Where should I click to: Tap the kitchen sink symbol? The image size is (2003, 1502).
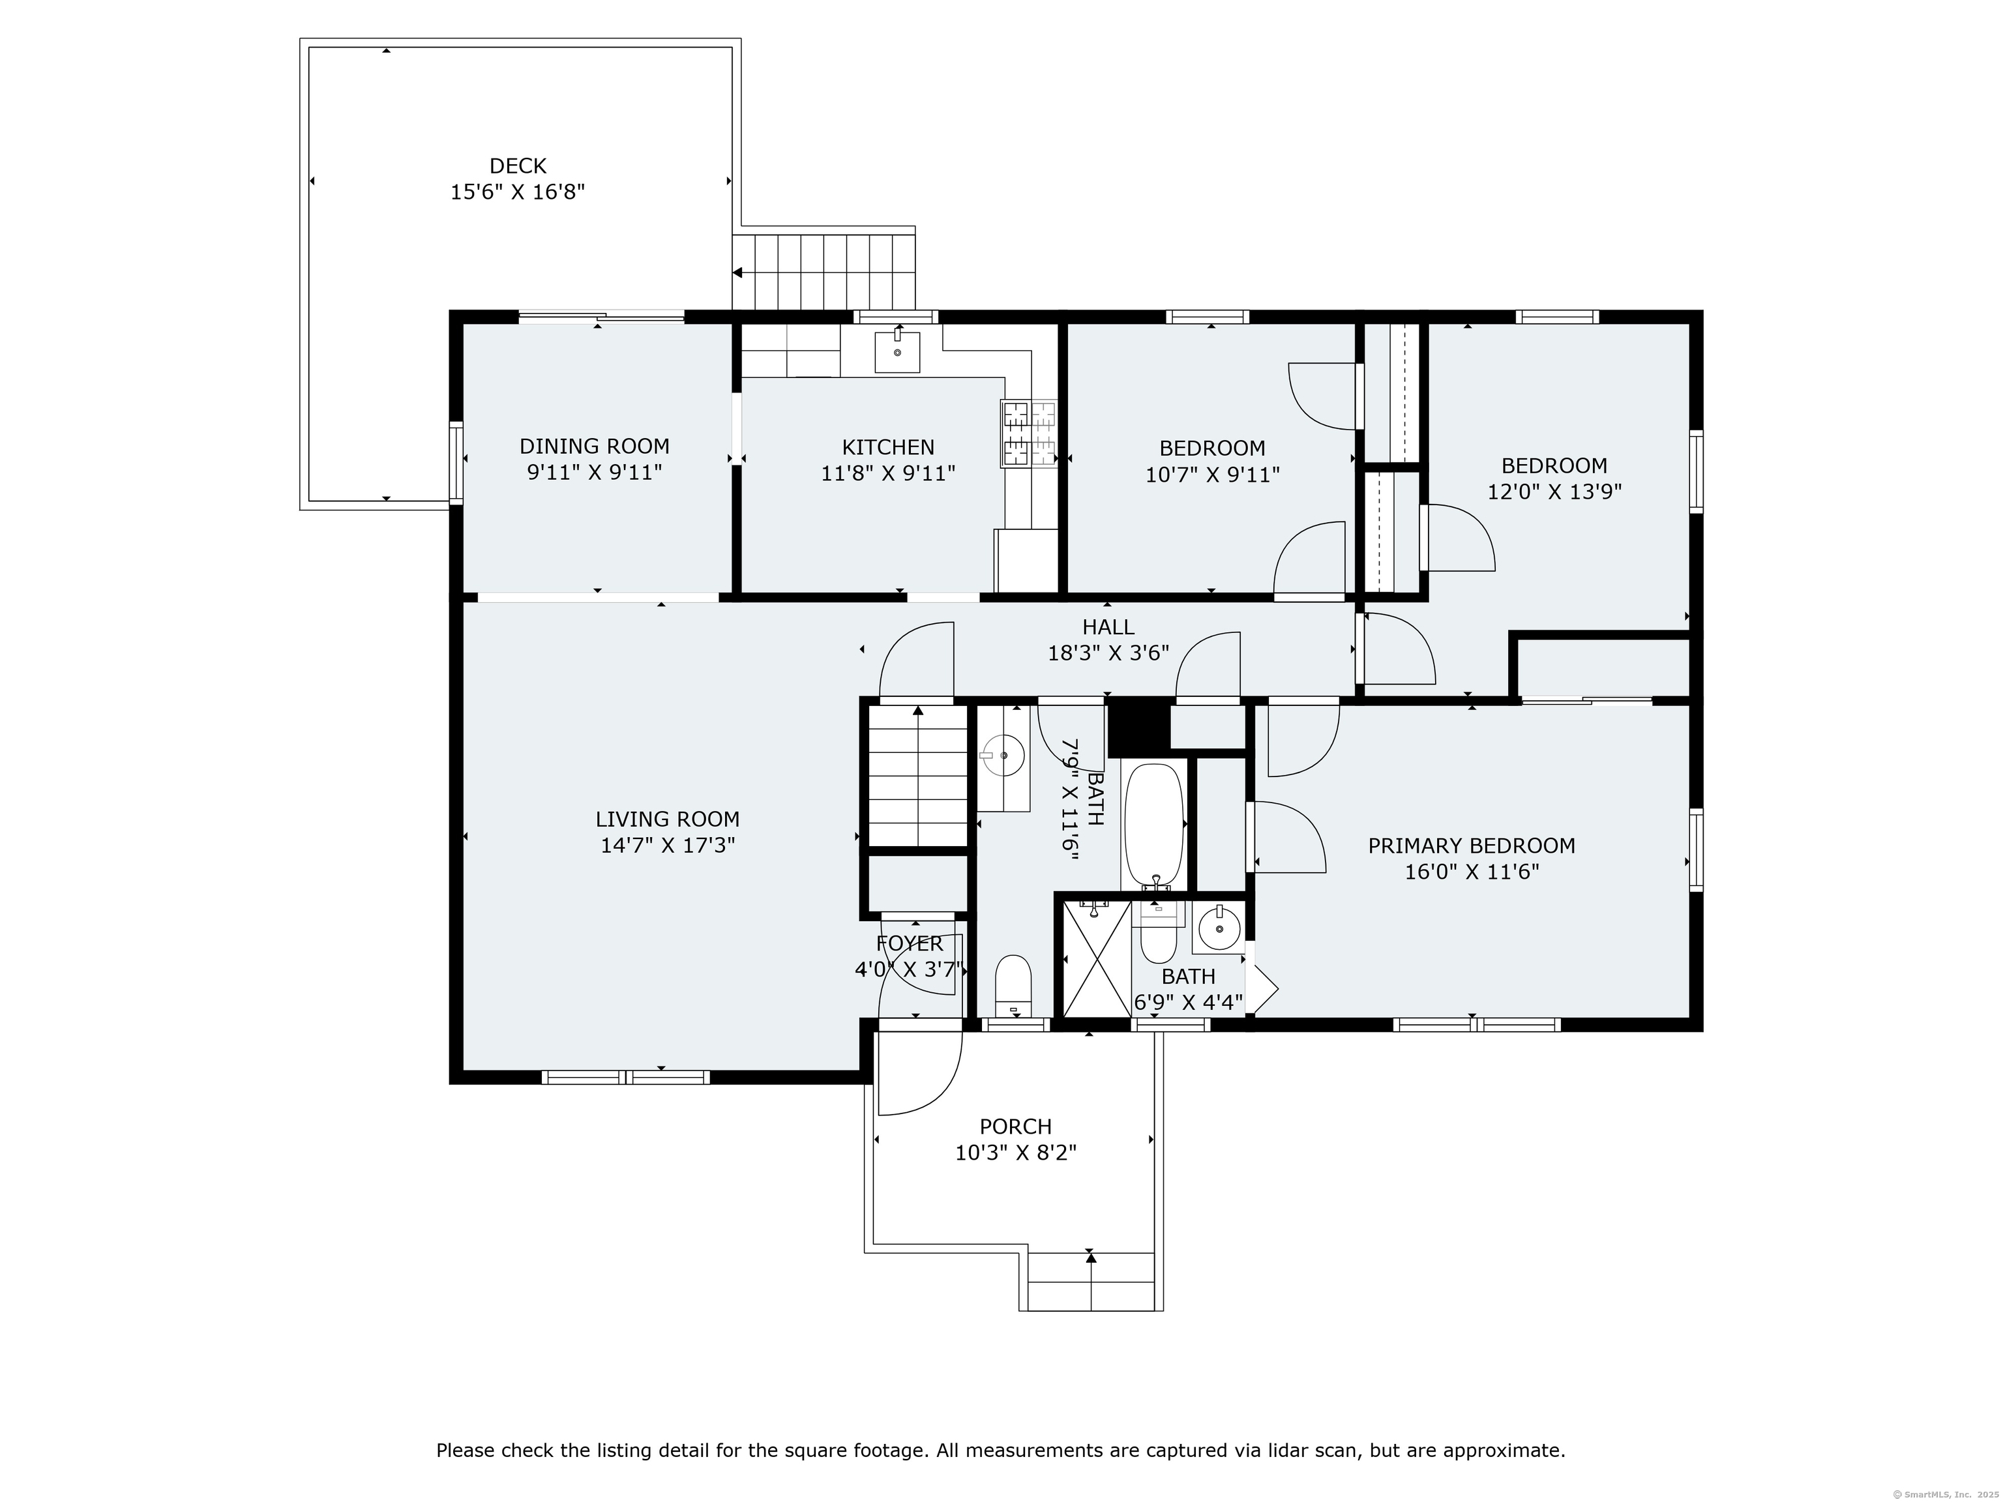[897, 351]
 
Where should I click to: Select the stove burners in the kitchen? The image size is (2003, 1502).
[1029, 434]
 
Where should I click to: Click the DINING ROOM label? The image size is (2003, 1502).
[594, 447]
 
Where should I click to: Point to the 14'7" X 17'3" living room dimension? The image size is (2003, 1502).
[668, 846]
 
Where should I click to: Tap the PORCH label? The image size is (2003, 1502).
[1015, 1127]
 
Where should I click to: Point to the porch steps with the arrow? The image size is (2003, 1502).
[1091, 1281]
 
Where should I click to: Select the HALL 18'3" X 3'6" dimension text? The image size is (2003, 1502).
[1108, 653]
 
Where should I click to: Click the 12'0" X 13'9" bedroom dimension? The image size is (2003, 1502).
[1554, 492]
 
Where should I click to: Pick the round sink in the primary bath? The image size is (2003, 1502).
[1218, 928]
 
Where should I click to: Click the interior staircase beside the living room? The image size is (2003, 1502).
[918, 778]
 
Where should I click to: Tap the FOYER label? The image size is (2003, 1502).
[909, 943]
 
